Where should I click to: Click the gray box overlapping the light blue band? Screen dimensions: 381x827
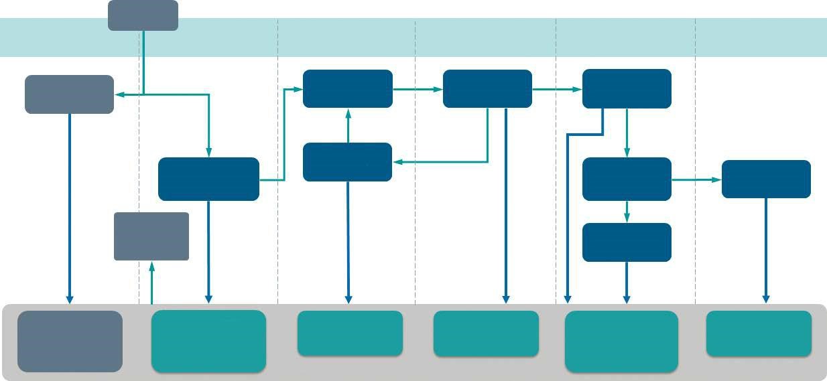(143, 15)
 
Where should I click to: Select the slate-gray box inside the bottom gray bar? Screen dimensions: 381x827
(70, 341)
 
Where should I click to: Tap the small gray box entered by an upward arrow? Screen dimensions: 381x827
(151, 236)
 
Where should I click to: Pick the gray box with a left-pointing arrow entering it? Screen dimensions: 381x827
(69, 94)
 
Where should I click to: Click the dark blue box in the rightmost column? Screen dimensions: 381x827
(766, 179)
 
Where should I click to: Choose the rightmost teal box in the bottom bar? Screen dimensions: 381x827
(759, 333)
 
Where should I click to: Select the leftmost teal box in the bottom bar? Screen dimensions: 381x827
(208, 341)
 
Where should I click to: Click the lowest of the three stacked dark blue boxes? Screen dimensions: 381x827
(627, 242)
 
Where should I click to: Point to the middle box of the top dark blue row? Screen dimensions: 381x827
(487, 88)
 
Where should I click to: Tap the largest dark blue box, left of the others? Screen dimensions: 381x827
(208, 179)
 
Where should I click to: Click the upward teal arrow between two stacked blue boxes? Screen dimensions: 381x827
(348, 125)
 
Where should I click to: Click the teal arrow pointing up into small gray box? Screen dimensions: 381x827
(152, 281)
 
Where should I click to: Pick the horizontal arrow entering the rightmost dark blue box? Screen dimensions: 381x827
(697, 179)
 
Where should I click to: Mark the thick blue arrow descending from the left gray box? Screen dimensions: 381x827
(70, 208)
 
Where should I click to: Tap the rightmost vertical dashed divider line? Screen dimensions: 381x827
(695, 167)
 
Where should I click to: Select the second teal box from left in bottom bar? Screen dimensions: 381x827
(350, 333)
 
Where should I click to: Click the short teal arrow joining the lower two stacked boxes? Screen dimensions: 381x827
(627, 212)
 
